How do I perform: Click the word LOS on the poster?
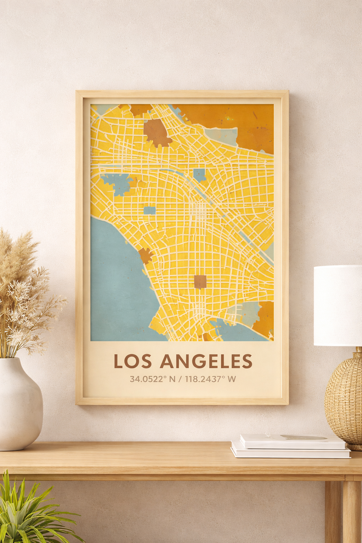(x=133, y=361)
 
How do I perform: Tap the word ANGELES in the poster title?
(x=206, y=361)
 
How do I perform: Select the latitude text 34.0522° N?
(x=152, y=379)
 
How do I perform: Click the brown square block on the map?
(x=200, y=282)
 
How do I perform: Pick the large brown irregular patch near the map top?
(x=157, y=133)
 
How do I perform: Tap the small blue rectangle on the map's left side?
(x=150, y=210)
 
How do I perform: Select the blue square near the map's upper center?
(x=199, y=174)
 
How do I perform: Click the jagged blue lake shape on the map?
(x=118, y=183)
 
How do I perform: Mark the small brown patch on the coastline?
(x=145, y=255)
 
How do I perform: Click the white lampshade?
(x=338, y=305)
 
